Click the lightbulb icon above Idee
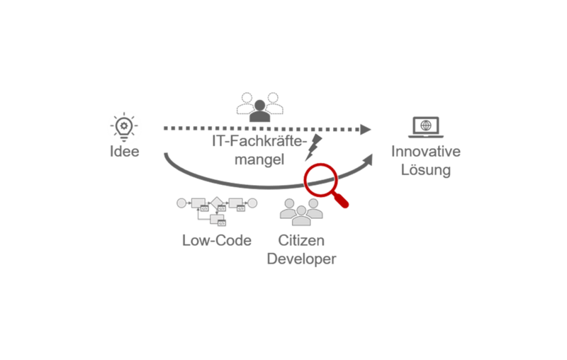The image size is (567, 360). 124,126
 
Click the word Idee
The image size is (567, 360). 124,152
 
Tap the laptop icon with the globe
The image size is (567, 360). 425,128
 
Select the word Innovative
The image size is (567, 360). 425,152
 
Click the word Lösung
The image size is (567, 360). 425,171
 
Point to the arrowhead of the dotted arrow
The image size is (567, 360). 365,129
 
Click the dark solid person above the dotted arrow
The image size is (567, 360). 259,110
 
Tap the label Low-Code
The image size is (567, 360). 216,240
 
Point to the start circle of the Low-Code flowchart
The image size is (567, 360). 181,203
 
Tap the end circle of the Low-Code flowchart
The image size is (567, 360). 252,203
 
